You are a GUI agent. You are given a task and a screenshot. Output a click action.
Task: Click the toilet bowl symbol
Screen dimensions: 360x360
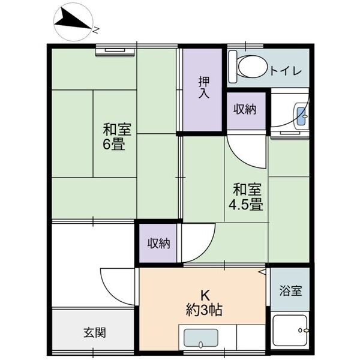pos(252,67)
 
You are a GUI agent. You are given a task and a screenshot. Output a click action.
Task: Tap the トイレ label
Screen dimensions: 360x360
pos(285,70)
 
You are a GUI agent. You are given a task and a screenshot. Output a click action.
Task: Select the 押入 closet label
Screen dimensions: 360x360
pos(204,87)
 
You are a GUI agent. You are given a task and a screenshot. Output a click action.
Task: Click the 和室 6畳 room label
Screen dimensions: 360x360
pos(116,137)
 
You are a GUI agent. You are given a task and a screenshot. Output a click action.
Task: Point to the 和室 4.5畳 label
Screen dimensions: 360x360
pos(246,197)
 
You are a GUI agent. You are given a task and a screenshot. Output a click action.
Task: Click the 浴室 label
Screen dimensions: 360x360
pos(290,290)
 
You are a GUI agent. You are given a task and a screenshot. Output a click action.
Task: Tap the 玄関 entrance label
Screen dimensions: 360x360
pos(95,332)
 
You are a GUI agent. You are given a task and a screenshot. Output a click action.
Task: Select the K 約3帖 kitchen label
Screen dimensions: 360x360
pos(204,303)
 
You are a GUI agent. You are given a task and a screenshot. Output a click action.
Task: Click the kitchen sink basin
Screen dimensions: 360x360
pos(201,338)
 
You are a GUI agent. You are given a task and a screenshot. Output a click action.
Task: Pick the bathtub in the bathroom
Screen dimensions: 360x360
pos(290,331)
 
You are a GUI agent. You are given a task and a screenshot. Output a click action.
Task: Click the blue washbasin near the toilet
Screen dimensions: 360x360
pos(301,116)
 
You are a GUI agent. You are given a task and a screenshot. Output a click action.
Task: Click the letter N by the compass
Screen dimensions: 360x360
pos(95,30)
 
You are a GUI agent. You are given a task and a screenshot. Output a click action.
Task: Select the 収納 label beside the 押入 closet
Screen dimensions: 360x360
pos(245,109)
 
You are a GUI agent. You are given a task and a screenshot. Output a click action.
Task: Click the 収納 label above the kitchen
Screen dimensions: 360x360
pos(158,244)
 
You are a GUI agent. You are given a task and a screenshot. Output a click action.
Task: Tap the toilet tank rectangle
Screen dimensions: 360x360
pos(233,67)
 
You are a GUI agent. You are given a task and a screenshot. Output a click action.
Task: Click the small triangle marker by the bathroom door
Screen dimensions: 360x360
pos(262,272)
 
